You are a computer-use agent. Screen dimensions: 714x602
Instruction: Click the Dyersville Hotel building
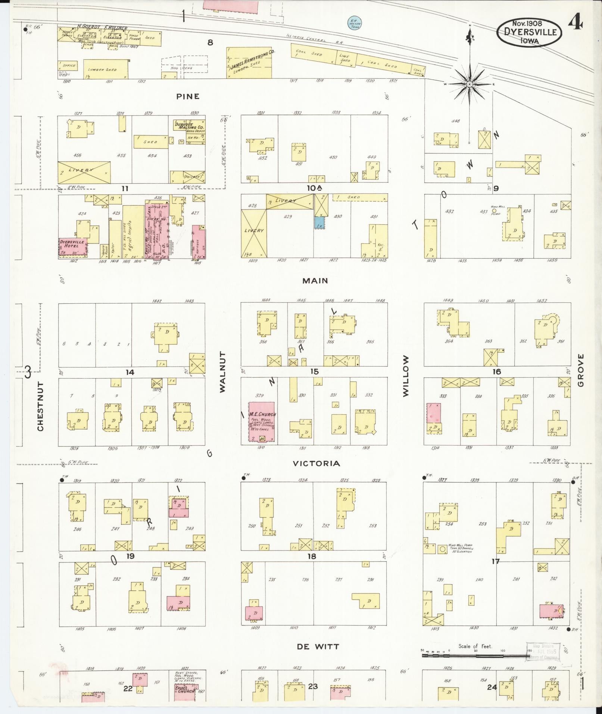pos(73,247)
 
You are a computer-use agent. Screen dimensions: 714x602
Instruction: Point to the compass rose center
pos(470,85)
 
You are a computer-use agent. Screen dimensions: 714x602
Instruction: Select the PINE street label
pos(188,96)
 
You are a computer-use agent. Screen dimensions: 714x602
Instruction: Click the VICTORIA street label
pos(316,464)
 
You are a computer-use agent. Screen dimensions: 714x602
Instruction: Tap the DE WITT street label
pos(318,647)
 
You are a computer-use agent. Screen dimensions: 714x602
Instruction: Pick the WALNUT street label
pos(223,371)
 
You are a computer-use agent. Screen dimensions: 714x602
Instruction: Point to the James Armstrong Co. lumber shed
pos(249,63)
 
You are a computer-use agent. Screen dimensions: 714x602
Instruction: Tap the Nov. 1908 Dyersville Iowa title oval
pos(529,32)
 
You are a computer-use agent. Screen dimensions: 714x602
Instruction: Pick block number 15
pos(314,371)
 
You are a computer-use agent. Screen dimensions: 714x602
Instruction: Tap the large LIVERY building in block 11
pos(84,172)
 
